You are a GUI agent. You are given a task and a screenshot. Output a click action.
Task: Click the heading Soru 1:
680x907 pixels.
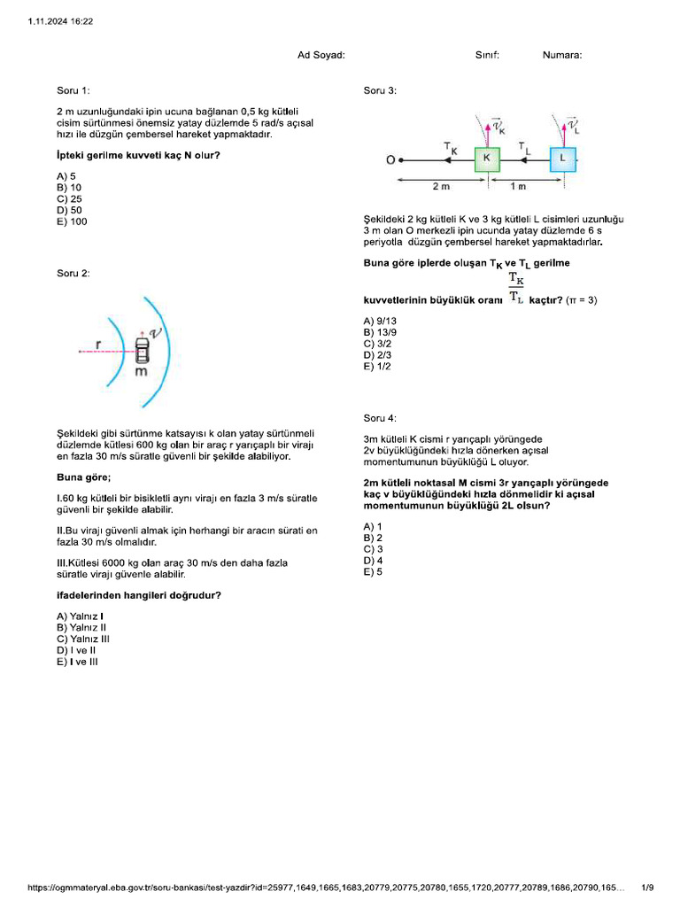pos(73,90)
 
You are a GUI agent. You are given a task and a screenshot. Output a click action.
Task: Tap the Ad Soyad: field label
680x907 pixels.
pos(321,55)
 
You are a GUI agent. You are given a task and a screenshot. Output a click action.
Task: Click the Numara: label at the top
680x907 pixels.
pos(562,55)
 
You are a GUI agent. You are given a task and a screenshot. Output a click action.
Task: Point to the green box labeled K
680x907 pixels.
pos(487,159)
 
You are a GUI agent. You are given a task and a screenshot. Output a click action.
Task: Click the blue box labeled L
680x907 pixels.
pos(562,159)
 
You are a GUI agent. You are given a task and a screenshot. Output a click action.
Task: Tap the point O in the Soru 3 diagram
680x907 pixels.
pos(390,160)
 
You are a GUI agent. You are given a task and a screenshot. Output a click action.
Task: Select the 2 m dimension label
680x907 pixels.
pos(441,187)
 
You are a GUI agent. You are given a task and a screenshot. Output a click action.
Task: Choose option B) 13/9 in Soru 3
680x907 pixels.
pos(380,331)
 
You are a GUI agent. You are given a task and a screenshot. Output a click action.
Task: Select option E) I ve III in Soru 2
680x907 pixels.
pos(77,661)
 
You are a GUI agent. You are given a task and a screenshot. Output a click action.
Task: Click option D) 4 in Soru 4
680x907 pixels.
pos(373,561)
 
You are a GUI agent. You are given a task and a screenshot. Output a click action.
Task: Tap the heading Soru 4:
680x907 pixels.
pos(380,417)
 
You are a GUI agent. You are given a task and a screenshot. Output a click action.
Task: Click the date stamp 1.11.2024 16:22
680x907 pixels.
pos(61,20)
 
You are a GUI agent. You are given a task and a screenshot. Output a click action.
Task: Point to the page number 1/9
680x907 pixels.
pos(647,888)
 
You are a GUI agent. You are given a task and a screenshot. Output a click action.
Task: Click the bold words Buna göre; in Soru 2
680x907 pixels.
pos(83,477)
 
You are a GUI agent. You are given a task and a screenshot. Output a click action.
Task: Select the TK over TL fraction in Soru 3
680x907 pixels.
pos(516,289)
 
